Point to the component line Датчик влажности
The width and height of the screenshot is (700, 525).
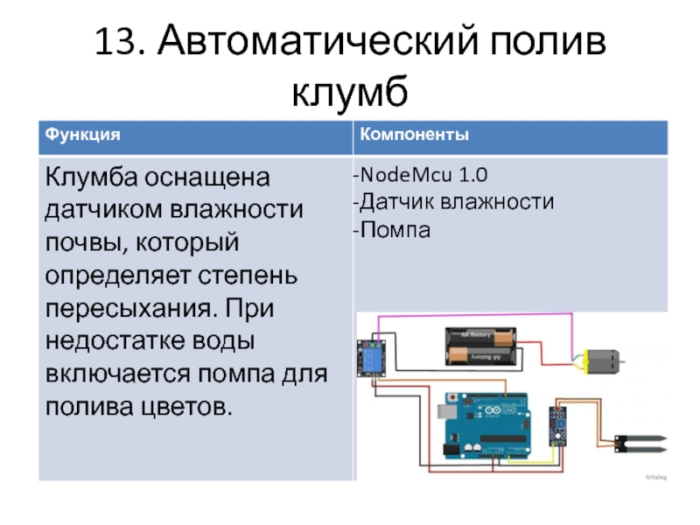453,203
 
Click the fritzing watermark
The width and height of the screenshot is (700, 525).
654,478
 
